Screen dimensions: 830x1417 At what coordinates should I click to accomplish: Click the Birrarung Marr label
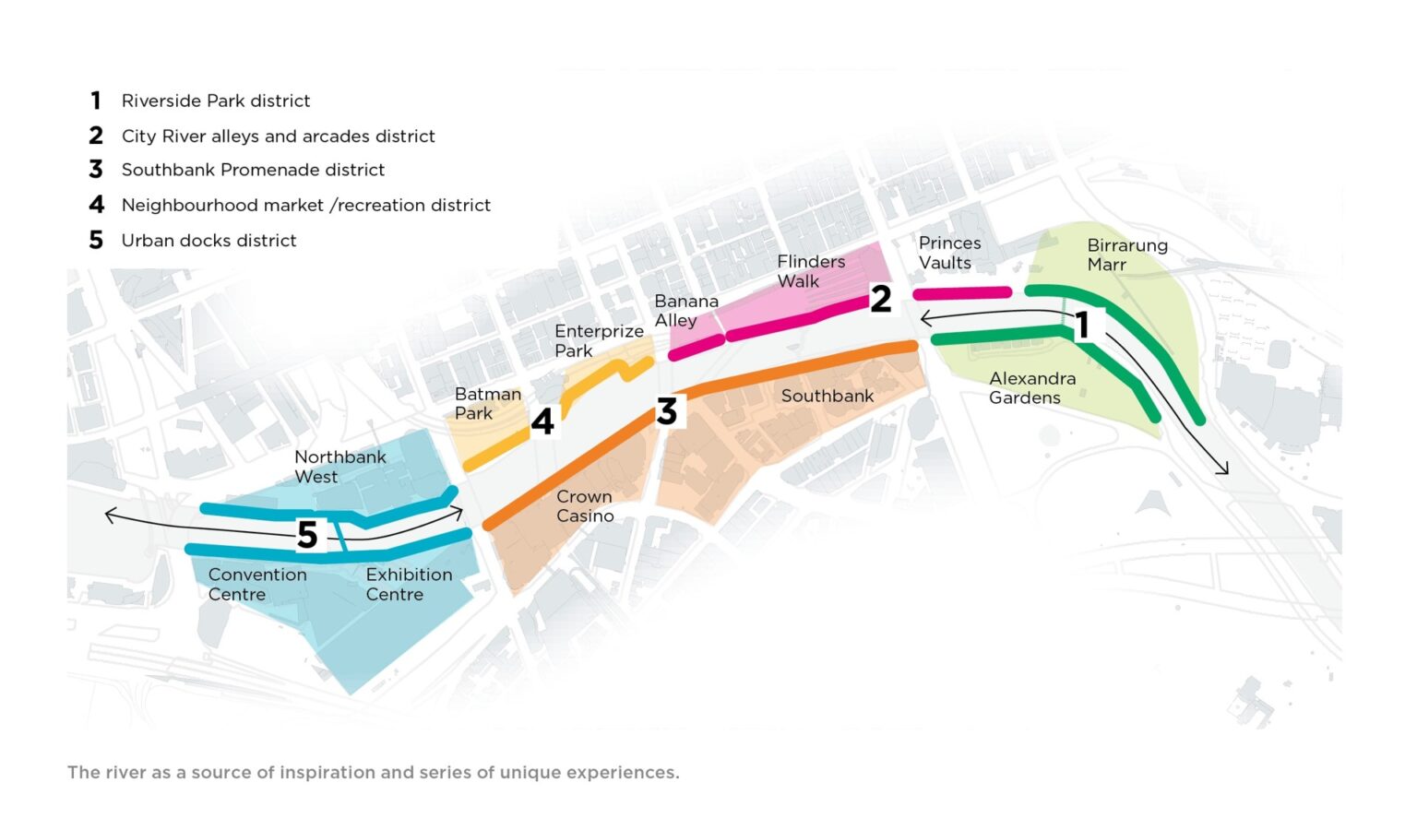point(1126,255)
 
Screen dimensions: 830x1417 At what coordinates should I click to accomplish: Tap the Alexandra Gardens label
point(1031,388)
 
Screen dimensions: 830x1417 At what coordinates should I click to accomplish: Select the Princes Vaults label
point(949,253)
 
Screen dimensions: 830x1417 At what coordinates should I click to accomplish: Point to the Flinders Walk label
point(810,271)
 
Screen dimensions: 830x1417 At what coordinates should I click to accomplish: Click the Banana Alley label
point(685,311)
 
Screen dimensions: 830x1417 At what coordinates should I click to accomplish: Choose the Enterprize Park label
point(598,341)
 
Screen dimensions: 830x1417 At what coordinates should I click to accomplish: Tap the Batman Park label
point(487,404)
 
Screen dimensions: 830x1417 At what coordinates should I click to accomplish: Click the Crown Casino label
point(584,506)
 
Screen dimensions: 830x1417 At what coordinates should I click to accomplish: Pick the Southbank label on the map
point(827,396)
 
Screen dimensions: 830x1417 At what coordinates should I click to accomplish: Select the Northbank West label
point(339,467)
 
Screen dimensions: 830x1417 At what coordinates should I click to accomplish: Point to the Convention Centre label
point(256,584)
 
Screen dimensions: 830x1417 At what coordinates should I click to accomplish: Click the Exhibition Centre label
point(409,584)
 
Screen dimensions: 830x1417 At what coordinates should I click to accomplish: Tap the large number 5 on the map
point(307,535)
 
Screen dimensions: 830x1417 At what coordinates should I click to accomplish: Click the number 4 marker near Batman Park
point(542,421)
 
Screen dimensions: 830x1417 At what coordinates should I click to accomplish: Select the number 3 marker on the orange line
point(667,411)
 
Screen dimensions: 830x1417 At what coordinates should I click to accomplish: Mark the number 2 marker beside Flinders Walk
point(881,298)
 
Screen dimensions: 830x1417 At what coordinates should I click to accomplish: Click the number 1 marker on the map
point(1083,325)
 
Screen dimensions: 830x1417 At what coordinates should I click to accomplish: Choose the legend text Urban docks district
point(208,241)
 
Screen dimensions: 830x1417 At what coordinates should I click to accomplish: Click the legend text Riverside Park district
point(216,101)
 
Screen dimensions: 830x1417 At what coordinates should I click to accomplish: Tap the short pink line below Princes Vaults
point(962,293)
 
